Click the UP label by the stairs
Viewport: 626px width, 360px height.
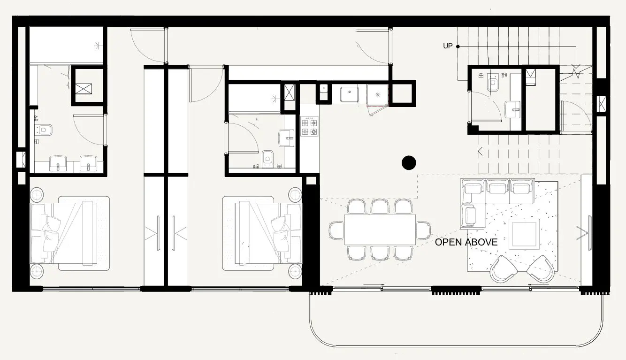tap(448, 46)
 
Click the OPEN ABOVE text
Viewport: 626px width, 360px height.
tap(466, 242)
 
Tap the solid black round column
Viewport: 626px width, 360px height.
tap(409, 162)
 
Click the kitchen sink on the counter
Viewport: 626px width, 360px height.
tap(349, 94)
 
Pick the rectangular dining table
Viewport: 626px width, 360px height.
tap(380, 230)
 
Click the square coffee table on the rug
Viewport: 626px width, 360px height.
tap(524, 234)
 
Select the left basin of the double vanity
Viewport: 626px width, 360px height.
tap(58, 164)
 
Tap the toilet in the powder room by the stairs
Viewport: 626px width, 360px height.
tap(493, 84)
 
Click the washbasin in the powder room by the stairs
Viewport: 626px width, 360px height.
tap(512, 110)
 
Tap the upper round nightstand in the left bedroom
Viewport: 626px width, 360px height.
tap(37, 194)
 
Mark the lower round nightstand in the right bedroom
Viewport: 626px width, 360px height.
tap(295, 271)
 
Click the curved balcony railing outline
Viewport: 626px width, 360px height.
tap(455, 346)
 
